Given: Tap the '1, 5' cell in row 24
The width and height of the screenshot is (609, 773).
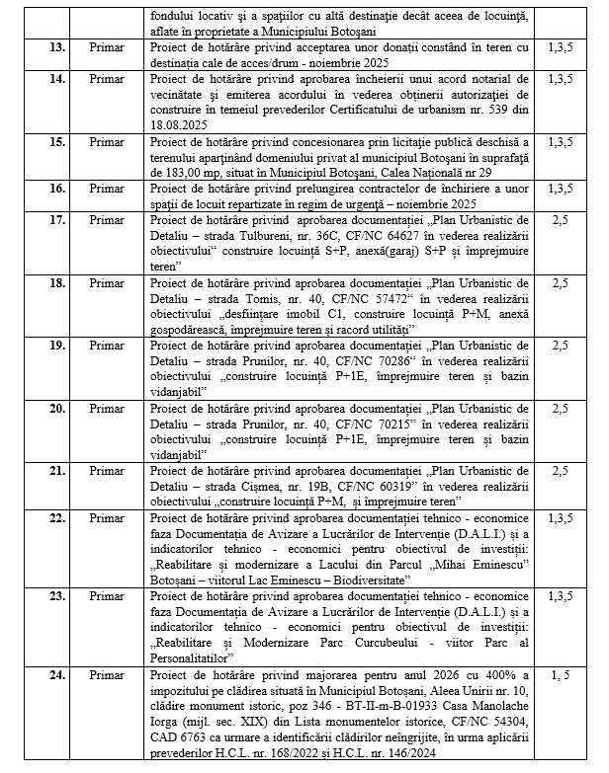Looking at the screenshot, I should coord(559,674).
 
